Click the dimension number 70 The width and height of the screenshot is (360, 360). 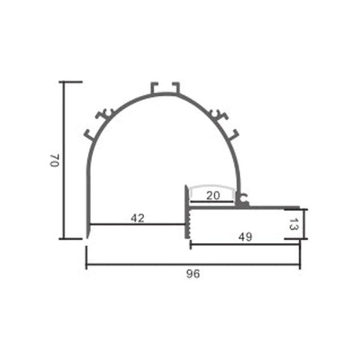pyautogui.click(x=53, y=160)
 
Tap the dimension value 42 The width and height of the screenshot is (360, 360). pyautogui.click(x=137, y=217)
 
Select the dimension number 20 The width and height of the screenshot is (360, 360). pyautogui.click(x=214, y=196)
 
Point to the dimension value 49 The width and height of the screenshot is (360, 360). pyautogui.click(x=244, y=236)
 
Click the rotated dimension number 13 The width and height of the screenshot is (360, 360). pyautogui.click(x=294, y=223)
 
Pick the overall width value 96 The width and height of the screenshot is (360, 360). pyautogui.click(x=193, y=274)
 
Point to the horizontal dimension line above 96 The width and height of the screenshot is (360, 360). pyautogui.click(x=193, y=265)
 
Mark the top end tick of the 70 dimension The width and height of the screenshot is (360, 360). pyautogui.click(x=70, y=81)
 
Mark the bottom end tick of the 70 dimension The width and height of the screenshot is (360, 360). pyautogui.click(x=70, y=238)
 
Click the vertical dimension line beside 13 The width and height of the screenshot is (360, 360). pyautogui.click(x=303, y=223)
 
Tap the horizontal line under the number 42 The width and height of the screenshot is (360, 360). pyautogui.click(x=137, y=223)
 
